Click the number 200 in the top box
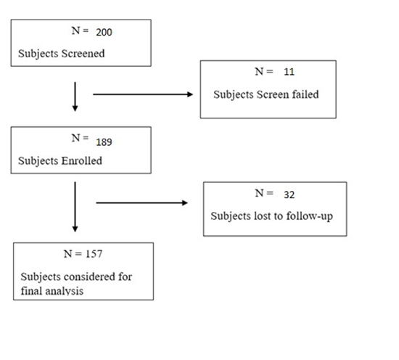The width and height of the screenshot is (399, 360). click(x=103, y=32)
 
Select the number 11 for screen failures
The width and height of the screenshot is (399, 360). click(x=289, y=73)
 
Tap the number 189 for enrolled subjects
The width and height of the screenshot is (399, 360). click(x=104, y=141)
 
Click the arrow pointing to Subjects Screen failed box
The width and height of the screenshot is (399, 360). click(x=143, y=94)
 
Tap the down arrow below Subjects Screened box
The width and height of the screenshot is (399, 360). click(x=75, y=98)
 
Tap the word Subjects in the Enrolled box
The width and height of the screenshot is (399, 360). click(x=37, y=161)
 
